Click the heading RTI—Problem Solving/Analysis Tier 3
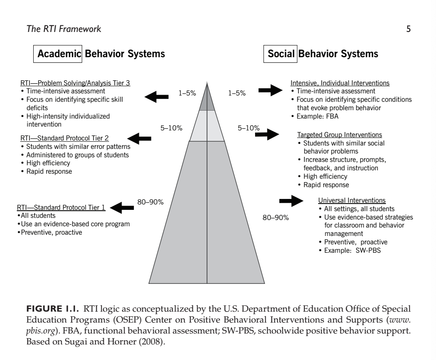point(75,83)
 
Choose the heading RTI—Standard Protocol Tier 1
point(61,207)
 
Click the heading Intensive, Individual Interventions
point(340,83)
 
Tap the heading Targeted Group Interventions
point(340,135)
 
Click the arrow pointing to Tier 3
point(157,97)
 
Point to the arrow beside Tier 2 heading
point(140,138)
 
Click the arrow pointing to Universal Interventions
point(291,201)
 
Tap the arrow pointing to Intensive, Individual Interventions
point(270,89)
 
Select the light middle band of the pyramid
point(207,126)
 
